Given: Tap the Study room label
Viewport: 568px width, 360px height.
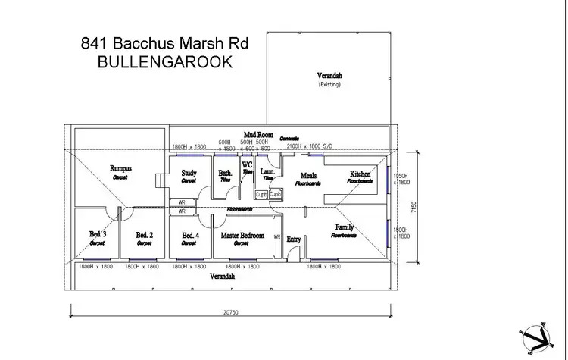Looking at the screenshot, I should (x=189, y=174).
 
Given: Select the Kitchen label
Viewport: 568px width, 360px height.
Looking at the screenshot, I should (x=360, y=174).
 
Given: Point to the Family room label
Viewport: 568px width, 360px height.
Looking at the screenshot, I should (x=345, y=227).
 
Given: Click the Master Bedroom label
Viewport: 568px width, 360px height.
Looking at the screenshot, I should (x=242, y=236).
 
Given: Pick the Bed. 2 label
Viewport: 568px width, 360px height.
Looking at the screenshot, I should (x=144, y=236).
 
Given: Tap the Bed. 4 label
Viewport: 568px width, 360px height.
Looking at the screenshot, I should (x=191, y=236).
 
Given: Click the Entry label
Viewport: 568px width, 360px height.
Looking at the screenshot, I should (x=294, y=239).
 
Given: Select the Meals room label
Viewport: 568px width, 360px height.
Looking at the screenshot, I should (x=308, y=176).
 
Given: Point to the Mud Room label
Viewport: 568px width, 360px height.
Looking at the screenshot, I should (x=258, y=135).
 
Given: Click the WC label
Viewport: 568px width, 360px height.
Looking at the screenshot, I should (x=247, y=164).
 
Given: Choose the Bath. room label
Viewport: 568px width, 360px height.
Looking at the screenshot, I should (x=226, y=174).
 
